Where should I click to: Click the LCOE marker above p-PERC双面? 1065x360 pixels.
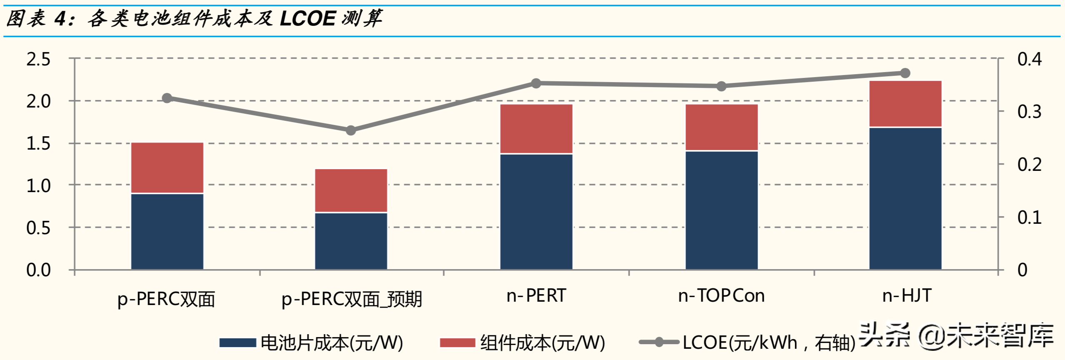(167, 98)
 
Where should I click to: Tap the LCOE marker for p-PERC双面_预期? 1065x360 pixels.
(351, 130)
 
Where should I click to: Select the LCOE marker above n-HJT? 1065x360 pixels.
(905, 73)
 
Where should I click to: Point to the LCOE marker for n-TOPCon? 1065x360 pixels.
(721, 86)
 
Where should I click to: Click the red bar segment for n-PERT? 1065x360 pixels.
(536, 129)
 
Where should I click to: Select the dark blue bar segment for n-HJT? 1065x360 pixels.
(905, 198)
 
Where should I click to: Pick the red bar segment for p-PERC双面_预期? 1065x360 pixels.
(351, 190)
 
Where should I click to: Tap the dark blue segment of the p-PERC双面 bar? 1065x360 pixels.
(167, 231)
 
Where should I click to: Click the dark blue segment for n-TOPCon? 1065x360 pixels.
(721, 210)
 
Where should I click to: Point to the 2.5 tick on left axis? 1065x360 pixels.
(38, 59)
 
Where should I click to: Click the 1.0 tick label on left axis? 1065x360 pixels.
(38, 186)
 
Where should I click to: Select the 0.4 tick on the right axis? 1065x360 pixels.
(1029, 59)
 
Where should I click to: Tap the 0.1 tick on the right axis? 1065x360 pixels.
(1029, 217)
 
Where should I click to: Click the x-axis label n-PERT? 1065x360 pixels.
(536, 296)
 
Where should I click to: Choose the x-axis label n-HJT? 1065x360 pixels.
(907, 296)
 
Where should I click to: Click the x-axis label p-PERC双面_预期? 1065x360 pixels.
(352, 299)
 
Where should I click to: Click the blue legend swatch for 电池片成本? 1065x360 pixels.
(237, 342)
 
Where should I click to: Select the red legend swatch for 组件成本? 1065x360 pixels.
(457, 342)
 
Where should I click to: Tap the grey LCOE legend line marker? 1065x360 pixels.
(659, 342)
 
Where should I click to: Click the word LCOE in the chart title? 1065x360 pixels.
(307, 19)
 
